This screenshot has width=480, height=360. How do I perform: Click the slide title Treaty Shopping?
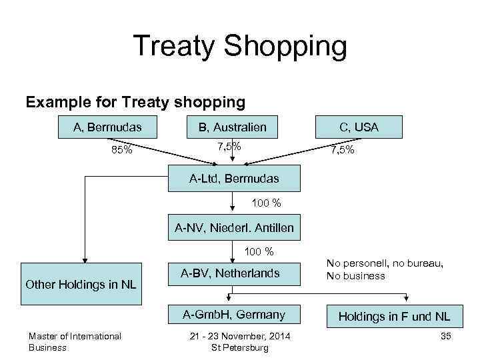click(240, 47)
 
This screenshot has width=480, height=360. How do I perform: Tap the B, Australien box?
click(232, 127)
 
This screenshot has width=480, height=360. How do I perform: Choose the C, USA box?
click(359, 127)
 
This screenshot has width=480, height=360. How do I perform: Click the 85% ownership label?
click(121, 150)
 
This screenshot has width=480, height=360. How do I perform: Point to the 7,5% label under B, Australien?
click(229, 146)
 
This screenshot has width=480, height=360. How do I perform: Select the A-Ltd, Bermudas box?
click(234, 179)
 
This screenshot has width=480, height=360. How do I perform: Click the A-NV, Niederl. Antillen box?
click(234, 229)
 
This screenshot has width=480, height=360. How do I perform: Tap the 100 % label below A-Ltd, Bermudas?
click(266, 202)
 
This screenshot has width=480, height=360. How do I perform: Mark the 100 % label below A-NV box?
click(259, 251)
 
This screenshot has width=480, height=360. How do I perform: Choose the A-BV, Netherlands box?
click(230, 273)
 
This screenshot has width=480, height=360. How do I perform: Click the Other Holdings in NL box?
click(81, 285)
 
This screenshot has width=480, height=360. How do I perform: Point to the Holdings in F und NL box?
click(394, 316)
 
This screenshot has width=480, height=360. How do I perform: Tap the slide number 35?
click(446, 336)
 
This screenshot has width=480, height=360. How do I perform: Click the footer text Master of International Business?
click(75, 341)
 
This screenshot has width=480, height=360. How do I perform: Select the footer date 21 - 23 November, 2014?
click(239, 336)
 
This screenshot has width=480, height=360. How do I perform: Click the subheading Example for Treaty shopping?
click(135, 102)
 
